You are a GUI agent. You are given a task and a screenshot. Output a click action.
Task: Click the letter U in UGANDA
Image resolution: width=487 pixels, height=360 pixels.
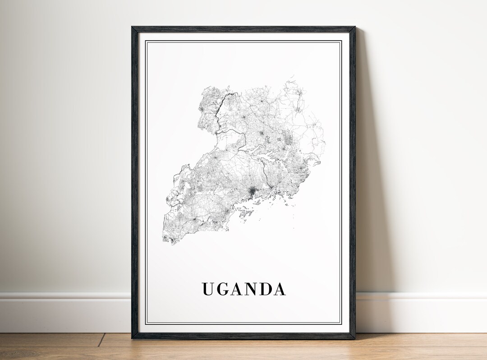click(208, 289)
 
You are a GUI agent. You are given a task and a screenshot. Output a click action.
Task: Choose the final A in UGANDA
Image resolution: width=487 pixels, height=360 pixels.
click(280, 289)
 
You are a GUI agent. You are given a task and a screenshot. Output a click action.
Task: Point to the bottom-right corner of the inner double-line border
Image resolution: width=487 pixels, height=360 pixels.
click(341, 323)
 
